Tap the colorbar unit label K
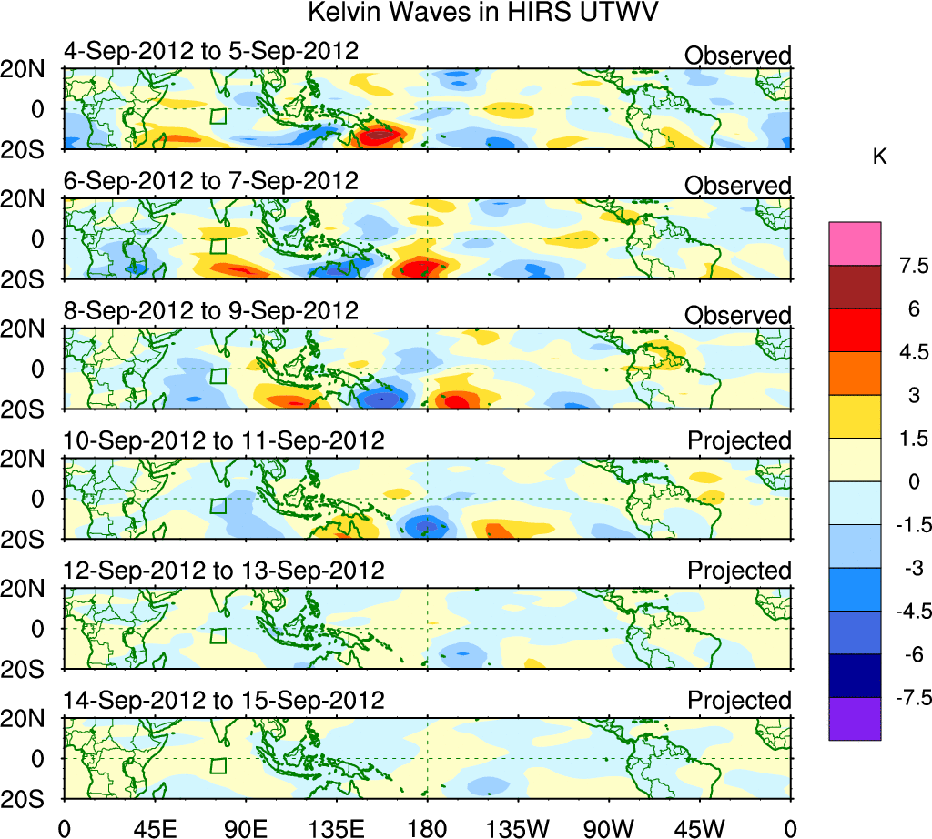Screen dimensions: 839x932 (879, 157)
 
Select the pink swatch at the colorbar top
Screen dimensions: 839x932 (855, 243)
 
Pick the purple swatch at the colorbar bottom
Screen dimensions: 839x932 (855, 719)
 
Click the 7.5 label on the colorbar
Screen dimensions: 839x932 (908, 266)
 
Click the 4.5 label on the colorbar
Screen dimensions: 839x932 (908, 352)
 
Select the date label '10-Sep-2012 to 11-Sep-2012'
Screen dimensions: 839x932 (224, 441)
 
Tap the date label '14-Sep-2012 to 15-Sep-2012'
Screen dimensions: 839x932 (224, 701)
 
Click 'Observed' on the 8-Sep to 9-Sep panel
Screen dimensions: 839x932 (738, 316)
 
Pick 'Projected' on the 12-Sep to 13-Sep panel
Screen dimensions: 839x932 (739, 571)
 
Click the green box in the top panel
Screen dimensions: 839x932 (218, 116)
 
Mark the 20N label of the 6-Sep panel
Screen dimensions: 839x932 (29, 199)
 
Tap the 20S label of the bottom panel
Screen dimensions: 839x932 (29, 798)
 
